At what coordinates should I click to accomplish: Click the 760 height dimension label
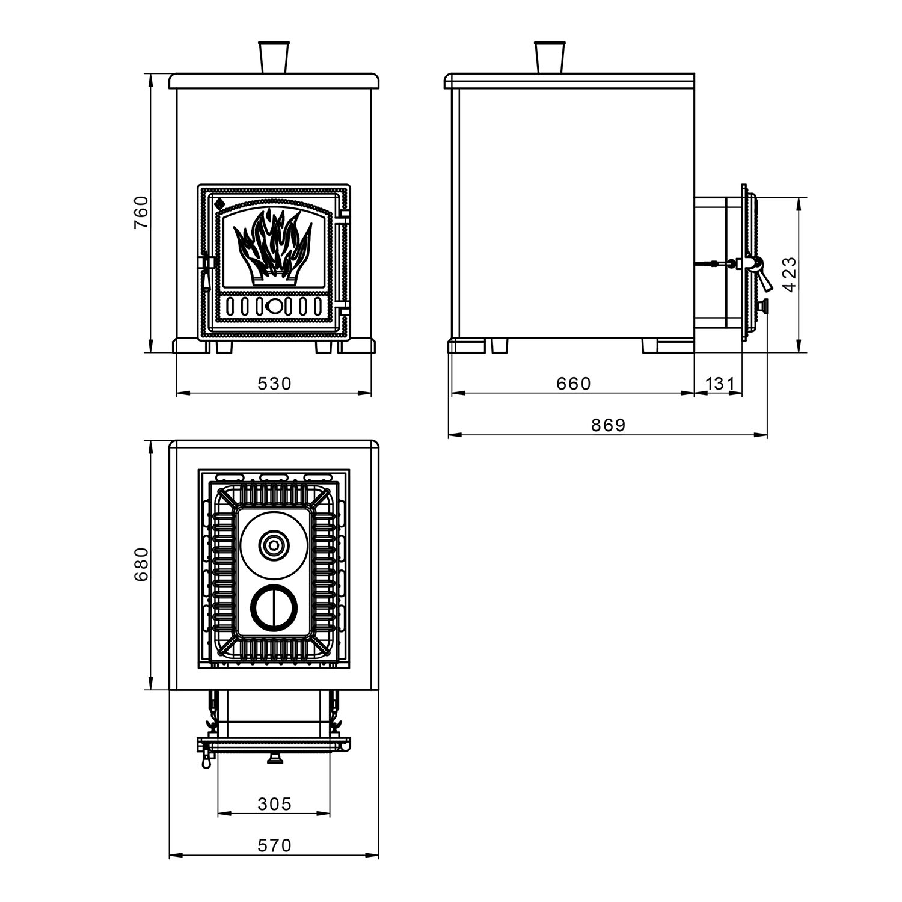coord(141,212)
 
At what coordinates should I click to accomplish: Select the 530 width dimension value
coord(274,383)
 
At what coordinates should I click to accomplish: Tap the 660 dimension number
coord(574,383)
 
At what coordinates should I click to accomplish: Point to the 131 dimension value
coord(719,383)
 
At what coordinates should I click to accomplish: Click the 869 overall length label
coord(609,425)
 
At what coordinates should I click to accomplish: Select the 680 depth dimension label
coord(141,564)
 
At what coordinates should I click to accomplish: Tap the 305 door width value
coord(274,804)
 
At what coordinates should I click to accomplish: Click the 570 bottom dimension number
coord(274,845)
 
